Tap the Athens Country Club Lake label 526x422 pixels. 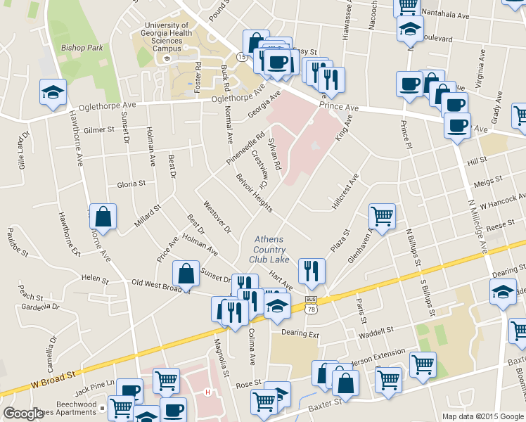point(269,249)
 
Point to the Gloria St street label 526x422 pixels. point(131,183)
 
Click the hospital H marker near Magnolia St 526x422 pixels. point(207,392)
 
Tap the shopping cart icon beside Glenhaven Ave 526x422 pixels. point(382,216)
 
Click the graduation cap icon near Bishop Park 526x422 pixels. point(53,93)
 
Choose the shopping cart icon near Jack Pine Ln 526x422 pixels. point(166,381)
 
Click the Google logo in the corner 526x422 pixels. point(23,414)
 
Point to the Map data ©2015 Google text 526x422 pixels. point(482,416)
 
